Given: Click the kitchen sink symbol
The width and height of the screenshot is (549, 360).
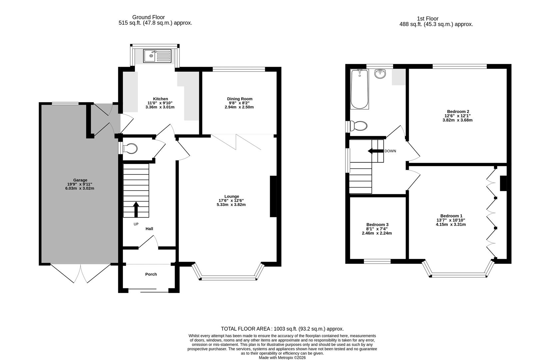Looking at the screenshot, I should click(157, 56).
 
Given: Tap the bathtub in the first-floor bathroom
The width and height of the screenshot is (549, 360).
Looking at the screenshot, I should click(359, 89).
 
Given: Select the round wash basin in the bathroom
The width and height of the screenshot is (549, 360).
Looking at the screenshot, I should click(380, 74).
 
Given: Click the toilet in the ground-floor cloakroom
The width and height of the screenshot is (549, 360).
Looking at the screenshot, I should click(130, 149).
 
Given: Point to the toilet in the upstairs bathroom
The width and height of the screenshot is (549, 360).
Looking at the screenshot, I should click(358, 126).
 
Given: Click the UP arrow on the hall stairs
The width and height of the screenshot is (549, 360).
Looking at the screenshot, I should click(136, 209).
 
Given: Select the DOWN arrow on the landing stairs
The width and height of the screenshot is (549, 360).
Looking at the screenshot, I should click(375, 151).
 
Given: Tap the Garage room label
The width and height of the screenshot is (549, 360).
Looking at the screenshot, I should click(80, 180).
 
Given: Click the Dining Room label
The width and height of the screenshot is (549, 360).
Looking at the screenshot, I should click(240, 99).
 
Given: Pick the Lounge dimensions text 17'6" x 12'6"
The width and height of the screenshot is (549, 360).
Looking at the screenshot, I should click(231, 200).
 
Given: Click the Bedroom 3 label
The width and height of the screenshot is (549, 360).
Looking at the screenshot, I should click(377, 225).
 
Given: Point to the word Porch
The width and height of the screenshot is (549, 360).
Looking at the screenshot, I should click(151, 274).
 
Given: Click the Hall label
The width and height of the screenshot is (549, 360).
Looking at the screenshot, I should click(149, 229).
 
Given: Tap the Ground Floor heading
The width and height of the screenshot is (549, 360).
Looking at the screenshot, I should click(148, 17).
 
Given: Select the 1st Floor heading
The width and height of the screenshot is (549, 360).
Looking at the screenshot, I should click(427, 19).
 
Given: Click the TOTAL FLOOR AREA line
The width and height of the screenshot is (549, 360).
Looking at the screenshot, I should click(282, 329).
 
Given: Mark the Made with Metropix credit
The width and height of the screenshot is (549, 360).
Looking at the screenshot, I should click(282, 357).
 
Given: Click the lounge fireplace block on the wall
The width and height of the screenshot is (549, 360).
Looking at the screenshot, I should click(273, 196).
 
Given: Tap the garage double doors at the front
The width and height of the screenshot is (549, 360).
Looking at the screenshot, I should click(80, 273).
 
